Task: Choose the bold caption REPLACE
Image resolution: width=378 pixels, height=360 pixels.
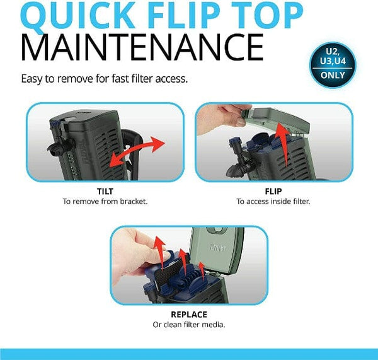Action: pos(188,314)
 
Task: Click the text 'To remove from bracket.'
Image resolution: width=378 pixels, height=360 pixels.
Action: pos(105,202)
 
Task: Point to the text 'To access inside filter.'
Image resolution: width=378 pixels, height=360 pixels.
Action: pos(273,202)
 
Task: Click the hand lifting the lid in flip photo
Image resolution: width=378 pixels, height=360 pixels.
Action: pos(217,120)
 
